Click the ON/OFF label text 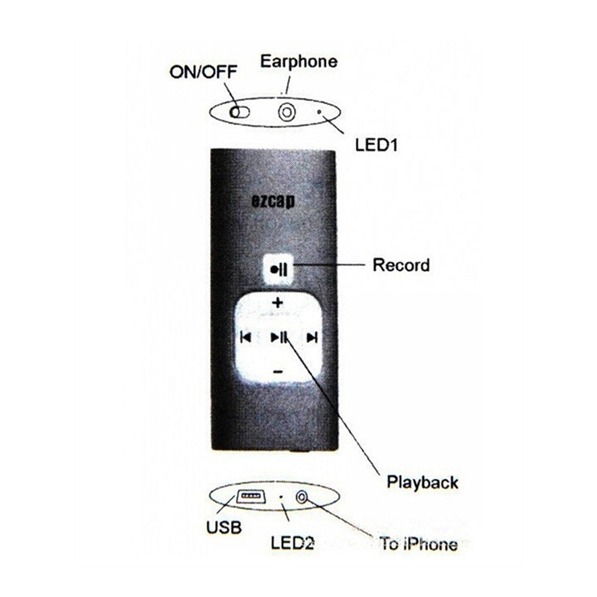[203, 72]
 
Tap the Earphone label [298, 61]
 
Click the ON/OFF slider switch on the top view [238, 111]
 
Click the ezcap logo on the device [272, 201]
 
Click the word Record [401, 264]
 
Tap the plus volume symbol [278, 303]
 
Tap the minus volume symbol [278, 372]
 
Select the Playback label [422, 481]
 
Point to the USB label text [224, 527]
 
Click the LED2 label [293, 542]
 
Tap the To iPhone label [418, 544]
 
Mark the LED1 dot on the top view [320, 112]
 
